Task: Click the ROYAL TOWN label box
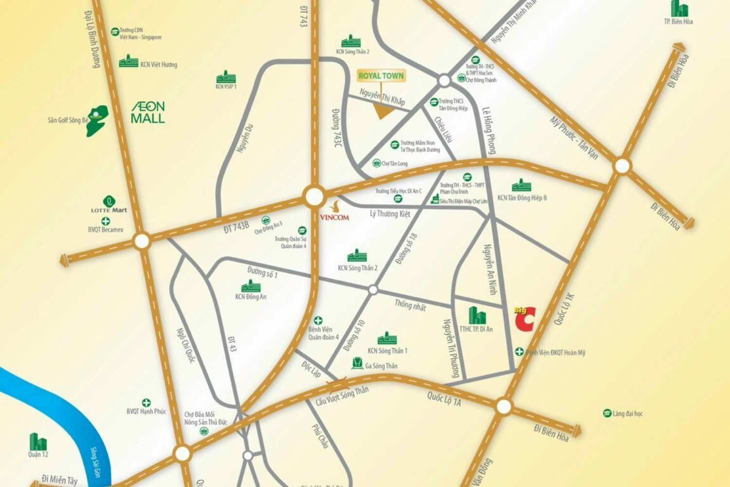tap(381, 75)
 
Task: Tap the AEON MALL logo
tap(148, 112)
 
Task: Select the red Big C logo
tap(525, 319)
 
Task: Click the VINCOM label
tap(334, 217)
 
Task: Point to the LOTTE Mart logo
tap(109, 205)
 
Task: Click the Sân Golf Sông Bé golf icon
tap(97, 120)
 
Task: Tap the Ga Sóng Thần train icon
tap(358, 363)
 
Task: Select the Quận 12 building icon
tap(38, 442)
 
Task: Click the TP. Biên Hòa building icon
tap(679, 8)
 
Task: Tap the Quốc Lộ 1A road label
tap(444, 399)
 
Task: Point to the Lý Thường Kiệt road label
tap(390, 214)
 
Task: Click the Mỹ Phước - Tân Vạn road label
tap(574, 138)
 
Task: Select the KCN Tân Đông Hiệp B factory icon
tap(521, 186)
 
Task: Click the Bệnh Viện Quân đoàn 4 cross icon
tap(318, 320)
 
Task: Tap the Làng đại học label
tap(627, 413)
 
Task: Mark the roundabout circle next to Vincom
tap(314, 197)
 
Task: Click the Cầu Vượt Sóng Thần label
tap(342, 396)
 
